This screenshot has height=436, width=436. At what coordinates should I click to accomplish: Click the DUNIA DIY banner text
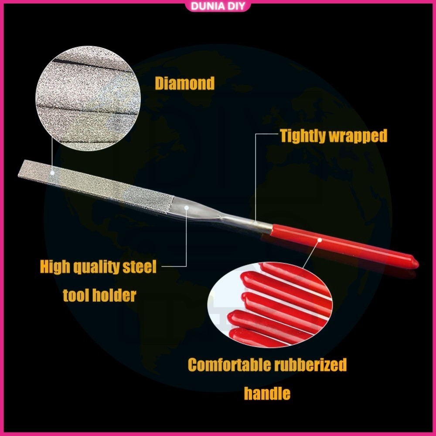click(218, 6)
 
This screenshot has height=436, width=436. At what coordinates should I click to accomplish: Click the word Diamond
click(184, 83)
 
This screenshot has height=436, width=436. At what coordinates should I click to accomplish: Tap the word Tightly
click(303, 136)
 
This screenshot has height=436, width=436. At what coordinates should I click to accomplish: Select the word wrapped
click(358, 136)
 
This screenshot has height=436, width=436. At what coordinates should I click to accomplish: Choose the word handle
click(267, 394)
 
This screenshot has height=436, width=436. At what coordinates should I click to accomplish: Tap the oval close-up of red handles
click(270, 305)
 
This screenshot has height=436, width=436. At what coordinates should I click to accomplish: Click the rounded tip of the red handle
click(414, 263)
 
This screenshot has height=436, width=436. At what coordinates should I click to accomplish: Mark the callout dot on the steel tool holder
click(186, 208)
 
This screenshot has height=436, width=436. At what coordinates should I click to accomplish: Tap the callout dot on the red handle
click(320, 239)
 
